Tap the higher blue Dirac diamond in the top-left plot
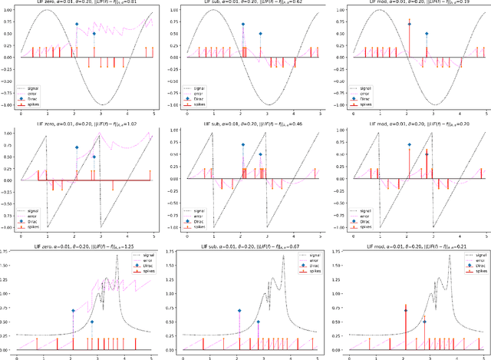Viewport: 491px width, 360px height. pyautogui.click(x=76, y=24)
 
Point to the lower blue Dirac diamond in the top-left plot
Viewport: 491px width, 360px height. pyautogui.click(x=94, y=34)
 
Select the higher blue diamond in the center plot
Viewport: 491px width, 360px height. pyautogui.click(x=242, y=146)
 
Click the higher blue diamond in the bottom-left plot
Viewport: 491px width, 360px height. pyautogui.click(x=74, y=311)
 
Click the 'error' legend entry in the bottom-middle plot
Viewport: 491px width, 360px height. pyautogui.click(x=294, y=260)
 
